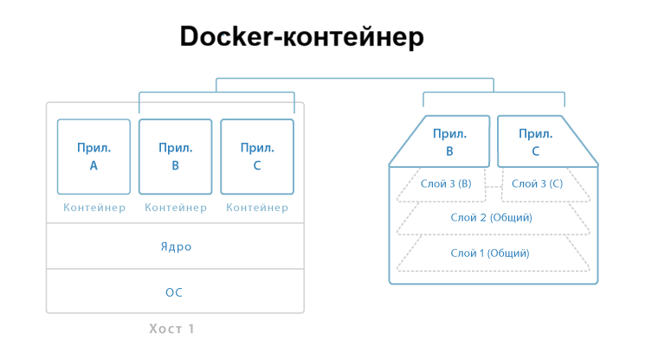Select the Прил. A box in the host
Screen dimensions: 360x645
pos(94,156)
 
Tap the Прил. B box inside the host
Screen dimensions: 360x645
pos(175,156)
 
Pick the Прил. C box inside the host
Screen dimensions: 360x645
pos(257,156)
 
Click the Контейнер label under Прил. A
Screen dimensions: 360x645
pos(94,208)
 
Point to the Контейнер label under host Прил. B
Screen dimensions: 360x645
pos(175,208)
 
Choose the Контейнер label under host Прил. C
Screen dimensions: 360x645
pos(257,208)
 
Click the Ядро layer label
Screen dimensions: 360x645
pos(175,247)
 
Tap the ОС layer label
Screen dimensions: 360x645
pos(175,292)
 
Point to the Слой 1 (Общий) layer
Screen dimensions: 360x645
pos(492,253)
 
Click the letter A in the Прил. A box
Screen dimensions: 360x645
pos(94,165)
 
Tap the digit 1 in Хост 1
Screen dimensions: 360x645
pos(203,329)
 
